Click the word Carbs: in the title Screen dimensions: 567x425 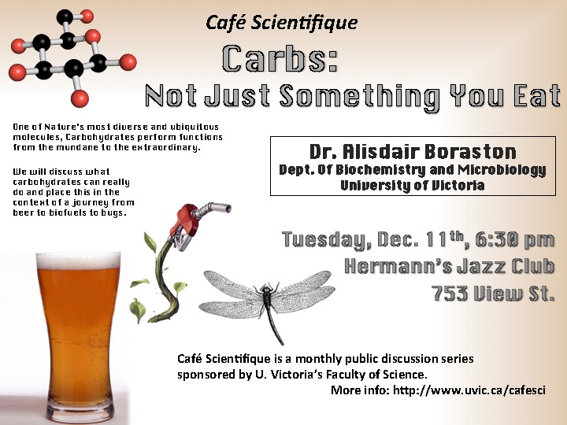280,58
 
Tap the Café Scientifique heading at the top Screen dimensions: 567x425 282,22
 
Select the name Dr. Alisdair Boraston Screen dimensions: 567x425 413,152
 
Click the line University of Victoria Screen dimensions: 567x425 413,185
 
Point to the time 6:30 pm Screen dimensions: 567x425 514,240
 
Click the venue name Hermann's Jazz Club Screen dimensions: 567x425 450,266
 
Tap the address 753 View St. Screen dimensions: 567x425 493,293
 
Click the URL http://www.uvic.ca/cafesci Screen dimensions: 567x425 469,390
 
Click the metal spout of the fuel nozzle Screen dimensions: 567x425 213,209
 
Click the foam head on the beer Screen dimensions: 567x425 78,261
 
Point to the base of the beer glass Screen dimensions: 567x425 80,412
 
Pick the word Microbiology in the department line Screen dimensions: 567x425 502,169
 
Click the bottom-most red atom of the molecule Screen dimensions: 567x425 80,98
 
